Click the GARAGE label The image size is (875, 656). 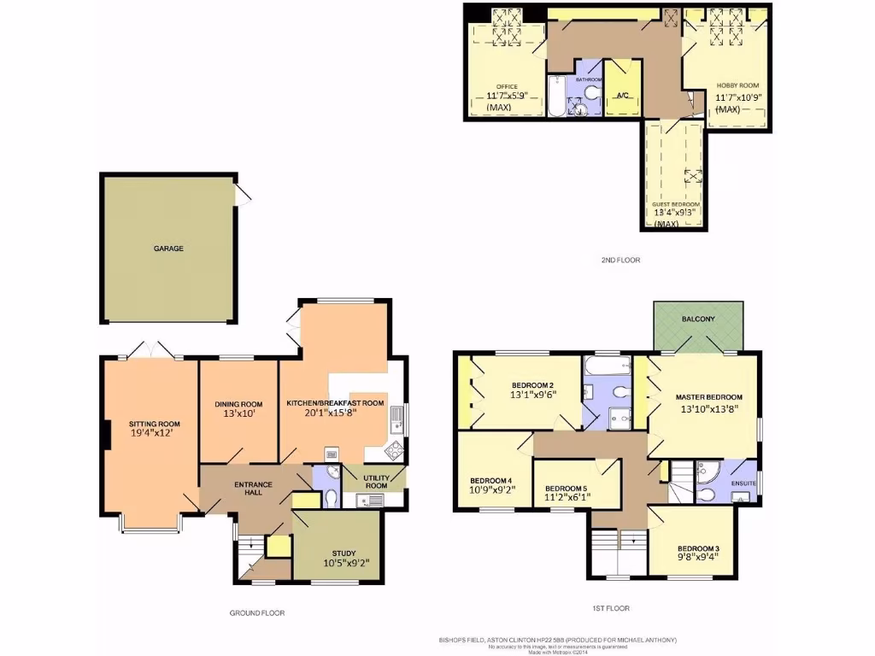point(168,249)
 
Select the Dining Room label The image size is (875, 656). point(238,404)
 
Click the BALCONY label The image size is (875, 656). point(698,319)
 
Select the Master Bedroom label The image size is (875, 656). point(708,397)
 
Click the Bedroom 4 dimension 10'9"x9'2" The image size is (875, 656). point(490,491)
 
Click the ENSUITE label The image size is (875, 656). point(742,481)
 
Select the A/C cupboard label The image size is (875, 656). point(622,96)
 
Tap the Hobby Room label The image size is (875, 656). point(737,86)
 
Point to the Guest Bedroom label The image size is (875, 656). point(676,205)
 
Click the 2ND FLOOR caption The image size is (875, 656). point(621,260)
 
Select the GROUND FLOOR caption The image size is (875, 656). point(256,612)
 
